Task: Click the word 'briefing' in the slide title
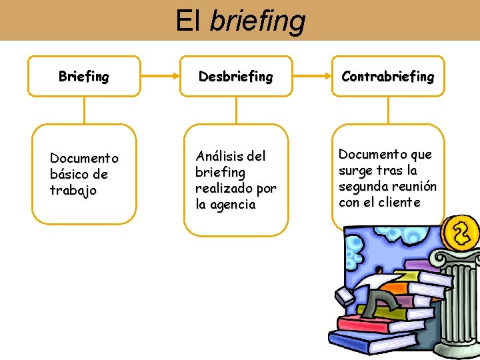coord(257,21)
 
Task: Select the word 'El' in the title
coord(188,20)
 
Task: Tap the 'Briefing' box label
coord(83,77)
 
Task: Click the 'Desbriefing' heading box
coord(236,77)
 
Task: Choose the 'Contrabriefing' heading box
coord(387,77)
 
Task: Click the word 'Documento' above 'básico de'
coord(84,159)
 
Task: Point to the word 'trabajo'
coord(73,191)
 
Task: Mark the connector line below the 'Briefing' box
coord(84,111)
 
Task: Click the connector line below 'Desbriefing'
coord(236,111)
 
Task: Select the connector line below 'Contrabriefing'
coord(387,111)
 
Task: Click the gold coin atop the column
coord(461,233)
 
